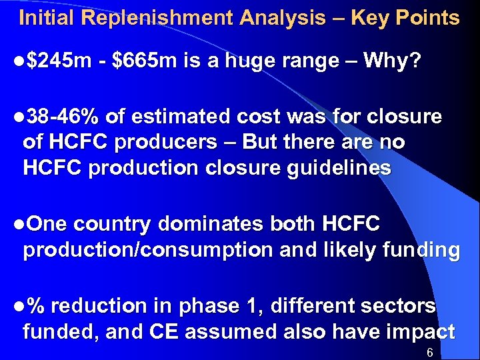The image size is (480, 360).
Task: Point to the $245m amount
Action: tap(60, 62)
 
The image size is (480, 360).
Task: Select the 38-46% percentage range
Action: tap(63, 117)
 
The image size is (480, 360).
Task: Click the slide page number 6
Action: tap(430, 351)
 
